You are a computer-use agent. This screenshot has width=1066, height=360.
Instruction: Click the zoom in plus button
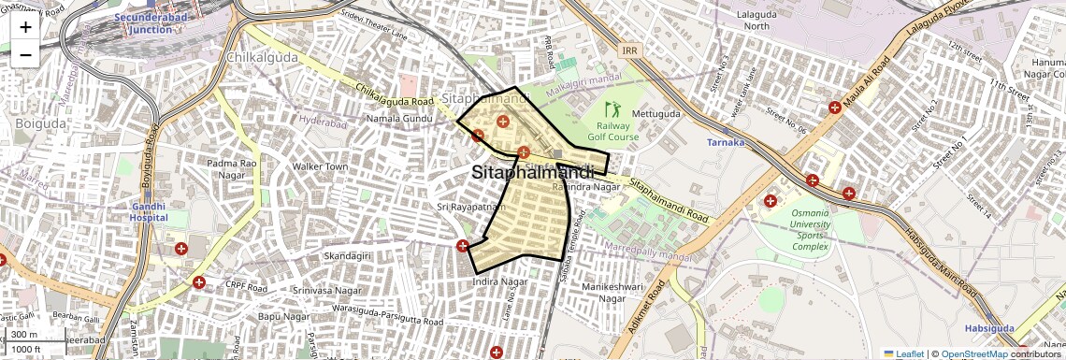point(25,26)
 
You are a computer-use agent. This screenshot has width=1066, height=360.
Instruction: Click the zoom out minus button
point(25,54)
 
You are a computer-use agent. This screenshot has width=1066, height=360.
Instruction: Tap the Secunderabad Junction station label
point(144,23)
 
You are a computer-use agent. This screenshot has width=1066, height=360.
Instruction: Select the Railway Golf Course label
point(612,131)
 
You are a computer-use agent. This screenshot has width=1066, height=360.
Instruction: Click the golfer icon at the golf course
point(612,109)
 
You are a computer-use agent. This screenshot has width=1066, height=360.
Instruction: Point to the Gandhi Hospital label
point(149,211)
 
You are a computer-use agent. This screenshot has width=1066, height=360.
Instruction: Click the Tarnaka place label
point(726,143)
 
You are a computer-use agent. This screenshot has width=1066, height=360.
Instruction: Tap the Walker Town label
point(320,167)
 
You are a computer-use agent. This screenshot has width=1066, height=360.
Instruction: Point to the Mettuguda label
point(656,114)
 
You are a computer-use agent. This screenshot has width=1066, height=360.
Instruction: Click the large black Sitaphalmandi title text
point(533,173)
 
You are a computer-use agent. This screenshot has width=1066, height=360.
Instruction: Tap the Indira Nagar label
point(500,281)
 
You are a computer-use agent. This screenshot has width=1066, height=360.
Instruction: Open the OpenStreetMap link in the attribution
point(974,353)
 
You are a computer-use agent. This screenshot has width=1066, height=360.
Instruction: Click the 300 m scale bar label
point(24,335)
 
